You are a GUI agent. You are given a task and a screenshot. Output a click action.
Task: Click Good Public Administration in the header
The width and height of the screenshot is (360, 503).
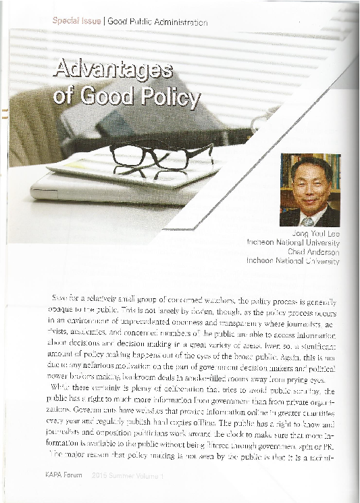click(x=157, y=22)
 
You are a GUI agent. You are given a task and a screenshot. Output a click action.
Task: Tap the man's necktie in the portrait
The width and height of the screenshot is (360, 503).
click(x=307, y=220)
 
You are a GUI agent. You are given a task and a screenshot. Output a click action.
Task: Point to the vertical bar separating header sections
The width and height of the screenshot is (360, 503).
click(x=105, y=22)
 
